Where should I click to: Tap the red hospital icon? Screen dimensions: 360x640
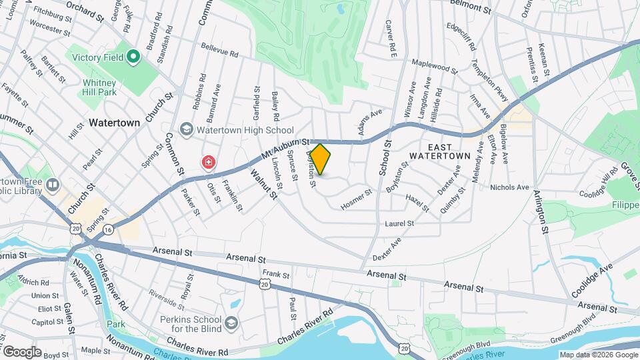point(209,162)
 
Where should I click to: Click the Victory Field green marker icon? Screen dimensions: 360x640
point(133,57)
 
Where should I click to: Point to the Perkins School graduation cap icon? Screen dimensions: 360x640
point(231,323)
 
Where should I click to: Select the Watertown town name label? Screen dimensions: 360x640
point(115,123)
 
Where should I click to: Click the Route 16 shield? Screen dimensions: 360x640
point(109,229)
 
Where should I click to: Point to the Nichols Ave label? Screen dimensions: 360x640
point(509,187)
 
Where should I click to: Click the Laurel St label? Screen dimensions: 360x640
point(399,223)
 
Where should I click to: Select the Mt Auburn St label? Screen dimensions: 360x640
point(285,149)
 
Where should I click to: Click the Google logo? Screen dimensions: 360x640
point(21,351)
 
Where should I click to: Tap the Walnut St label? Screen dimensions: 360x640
point(263,185)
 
